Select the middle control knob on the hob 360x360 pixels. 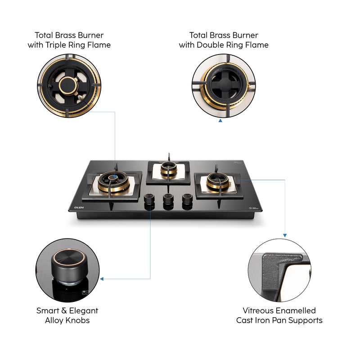tap(168, 199)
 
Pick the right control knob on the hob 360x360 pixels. tap(187, 199)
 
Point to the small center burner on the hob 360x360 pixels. tap(168, 171)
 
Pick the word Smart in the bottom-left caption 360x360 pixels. tap(48, 310)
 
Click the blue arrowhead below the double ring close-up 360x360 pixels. tap(220, 121)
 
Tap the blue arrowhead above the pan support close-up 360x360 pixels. tap(284, 235)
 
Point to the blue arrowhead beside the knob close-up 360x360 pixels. tap(102, 279)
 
